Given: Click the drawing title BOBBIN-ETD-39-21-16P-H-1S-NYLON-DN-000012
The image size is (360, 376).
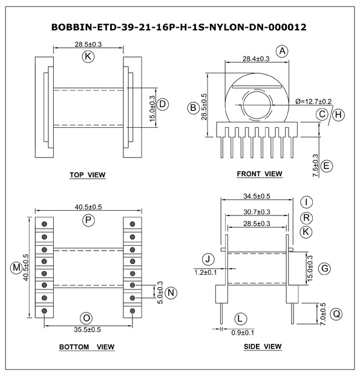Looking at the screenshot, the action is point(179,27).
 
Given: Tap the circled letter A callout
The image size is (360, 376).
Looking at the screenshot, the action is point(283,51).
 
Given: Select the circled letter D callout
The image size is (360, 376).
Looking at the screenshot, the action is point(163,104).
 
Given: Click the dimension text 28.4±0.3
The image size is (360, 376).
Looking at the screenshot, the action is point(256,59).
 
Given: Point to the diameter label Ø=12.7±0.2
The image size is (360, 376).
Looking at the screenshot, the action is point(313,102).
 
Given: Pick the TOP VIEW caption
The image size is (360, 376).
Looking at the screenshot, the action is point(88,175).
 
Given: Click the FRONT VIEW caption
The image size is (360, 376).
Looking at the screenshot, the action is point(260,174).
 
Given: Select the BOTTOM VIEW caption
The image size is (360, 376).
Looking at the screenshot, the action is point(87,347).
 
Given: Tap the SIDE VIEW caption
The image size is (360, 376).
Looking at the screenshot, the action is point(263,346).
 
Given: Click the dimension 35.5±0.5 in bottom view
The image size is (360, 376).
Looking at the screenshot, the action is point(87,329).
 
